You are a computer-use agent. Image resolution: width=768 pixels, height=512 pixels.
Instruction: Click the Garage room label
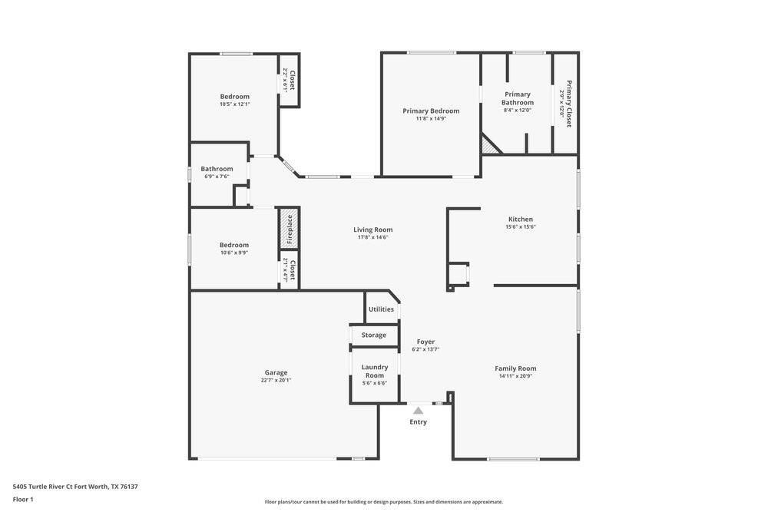coord(276,372)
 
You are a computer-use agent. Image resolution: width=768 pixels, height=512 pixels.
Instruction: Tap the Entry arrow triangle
coord(418,411)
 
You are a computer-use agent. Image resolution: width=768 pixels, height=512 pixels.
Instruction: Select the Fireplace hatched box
coord(289,228)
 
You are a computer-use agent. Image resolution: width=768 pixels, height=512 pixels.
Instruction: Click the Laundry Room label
coord(374,371)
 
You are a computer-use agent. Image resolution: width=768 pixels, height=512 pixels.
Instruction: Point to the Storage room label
coord(374,335)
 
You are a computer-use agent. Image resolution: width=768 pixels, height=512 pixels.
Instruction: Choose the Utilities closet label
coord(381,309)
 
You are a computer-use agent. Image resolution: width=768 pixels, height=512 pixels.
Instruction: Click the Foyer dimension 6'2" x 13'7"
coord(425,349)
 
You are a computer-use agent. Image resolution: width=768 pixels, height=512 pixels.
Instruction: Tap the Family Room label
coord(515,368)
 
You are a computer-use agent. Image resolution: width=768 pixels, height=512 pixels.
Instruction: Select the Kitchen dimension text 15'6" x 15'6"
coord(520,227)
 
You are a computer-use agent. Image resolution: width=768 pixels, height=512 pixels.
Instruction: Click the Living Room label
coord(372,230)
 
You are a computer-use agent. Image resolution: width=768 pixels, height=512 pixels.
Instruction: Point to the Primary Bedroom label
coord(431,111)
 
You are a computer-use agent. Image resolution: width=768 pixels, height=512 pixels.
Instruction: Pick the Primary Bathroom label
coord(517,98)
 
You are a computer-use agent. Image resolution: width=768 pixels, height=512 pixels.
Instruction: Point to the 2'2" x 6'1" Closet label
coord(289,81)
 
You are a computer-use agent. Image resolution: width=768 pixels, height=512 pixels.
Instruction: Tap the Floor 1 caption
coord(23,499)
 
